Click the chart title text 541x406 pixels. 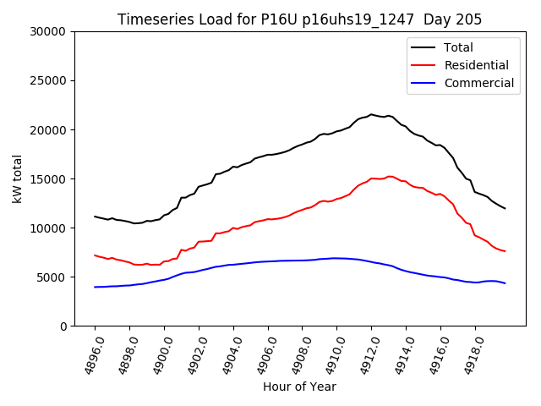point(299,19)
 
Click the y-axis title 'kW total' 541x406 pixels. point(18,178)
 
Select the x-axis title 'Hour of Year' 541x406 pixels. point(299,387)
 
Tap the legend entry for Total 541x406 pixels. point(458,47)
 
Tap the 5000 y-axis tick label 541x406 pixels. point(52,277)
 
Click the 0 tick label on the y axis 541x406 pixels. point(63,326)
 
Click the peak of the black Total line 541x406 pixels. point(371,114)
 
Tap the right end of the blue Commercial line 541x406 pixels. point(505,283)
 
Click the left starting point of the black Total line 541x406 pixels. point(95,217)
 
